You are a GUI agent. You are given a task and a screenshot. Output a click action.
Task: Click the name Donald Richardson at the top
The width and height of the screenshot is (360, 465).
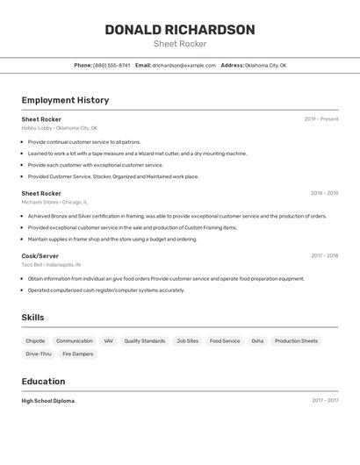180,30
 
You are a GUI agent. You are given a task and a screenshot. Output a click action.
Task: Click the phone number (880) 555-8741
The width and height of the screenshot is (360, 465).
112,65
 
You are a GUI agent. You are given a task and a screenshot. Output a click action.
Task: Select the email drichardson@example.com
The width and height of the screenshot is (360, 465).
184,65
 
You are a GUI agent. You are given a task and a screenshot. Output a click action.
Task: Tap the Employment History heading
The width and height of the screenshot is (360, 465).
65,100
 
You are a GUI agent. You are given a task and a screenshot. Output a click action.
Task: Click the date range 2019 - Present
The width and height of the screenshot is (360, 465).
321,119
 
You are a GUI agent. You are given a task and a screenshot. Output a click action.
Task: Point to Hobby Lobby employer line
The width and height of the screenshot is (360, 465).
59,128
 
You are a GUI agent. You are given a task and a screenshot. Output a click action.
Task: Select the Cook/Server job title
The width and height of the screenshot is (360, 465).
40,256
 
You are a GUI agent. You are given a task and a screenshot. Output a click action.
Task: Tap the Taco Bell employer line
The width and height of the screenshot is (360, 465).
51,265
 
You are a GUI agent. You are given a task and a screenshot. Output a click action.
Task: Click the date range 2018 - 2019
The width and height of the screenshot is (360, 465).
324,193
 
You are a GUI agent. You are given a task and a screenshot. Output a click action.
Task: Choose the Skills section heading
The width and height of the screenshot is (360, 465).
32,318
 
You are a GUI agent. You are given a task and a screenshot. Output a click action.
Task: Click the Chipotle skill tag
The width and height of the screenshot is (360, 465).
35,341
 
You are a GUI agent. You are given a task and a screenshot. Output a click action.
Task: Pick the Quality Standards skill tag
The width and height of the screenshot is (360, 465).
144,341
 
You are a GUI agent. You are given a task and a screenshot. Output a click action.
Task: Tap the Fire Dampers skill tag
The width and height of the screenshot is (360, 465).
77,354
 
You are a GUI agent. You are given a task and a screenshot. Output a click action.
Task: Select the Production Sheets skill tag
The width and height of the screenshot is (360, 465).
296,341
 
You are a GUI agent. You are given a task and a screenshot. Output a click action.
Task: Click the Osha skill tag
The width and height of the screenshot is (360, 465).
257,341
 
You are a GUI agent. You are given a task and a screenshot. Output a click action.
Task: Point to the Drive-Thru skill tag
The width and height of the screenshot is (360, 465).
38,354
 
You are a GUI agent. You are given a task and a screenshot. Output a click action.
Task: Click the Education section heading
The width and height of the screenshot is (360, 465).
43,382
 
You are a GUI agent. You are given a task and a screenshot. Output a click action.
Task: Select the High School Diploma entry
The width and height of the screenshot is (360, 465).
48,401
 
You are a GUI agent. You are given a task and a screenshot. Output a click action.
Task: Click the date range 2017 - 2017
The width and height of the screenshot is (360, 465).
324,401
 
